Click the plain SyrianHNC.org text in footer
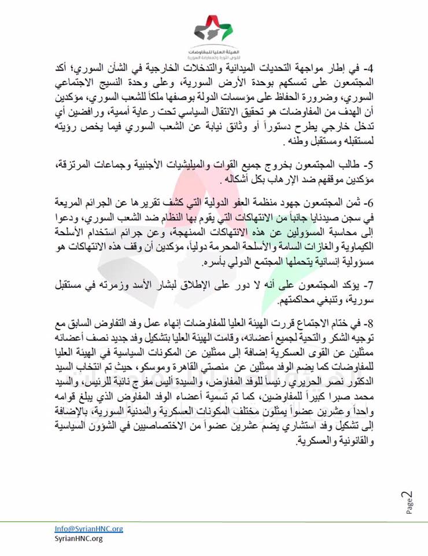click(78, 539)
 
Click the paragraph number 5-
click(369, 167)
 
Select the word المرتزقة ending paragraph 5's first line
click(75, 167)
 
